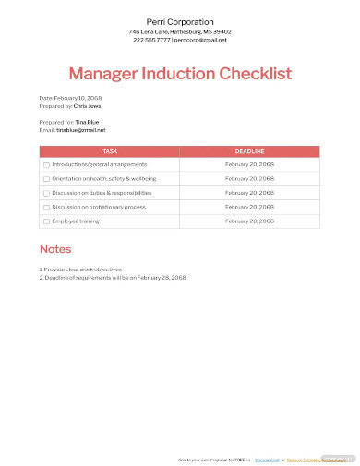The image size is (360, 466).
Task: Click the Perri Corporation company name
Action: pyautogui.click(x=180, y=21)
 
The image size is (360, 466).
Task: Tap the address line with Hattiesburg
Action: pyautogui.click(x=180, y=32)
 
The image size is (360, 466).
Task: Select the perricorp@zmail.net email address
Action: pyautogui.click(x=202, y=41)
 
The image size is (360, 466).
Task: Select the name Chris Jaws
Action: pyautogui.click(x=87, y=106)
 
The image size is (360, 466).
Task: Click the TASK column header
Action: pyautogui.click(x=110, y=150)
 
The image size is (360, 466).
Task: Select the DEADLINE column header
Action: pyautogui.click(x=249, y=150)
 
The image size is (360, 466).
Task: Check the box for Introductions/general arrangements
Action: pyautogui.click(x=47, y=164)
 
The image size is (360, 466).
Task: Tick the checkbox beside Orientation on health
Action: pyautogui.click(x=47, y=178)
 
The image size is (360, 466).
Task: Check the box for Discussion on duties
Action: pyautogui.click(x=47, y=193)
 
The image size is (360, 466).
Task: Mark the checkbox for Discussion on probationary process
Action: pyautogui.click(x=47, y=207)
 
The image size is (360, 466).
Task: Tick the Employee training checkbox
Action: pyautogui.click(x=47, y=221)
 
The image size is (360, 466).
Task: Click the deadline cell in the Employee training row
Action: pyautogui.click(x=249, y=221)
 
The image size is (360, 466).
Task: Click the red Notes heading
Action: pyautogui.click(x=54, y=249)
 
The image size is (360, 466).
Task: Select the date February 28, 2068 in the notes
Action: pyautogui.click(x=163, y=277)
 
